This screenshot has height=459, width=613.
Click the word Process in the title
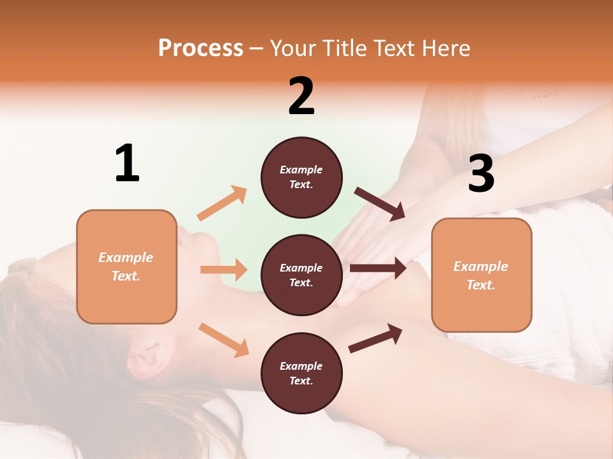pyautogui.click(x=201, y=48)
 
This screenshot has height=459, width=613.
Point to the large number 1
pyautogui.click(x=127, y=163)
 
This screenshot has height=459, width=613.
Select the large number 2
pyautogui.click(x=301, y=96)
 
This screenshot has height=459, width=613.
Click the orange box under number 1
pyautogui.click(x=126, y=266)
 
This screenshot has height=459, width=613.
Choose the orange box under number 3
pyautogui.click(x=481, y=275)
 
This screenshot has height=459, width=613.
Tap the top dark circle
pyautogui.click(x=301, y=177)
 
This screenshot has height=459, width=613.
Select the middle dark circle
pyautogui.click(x=301, y=275)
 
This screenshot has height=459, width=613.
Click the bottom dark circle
pyautogui.click(x=301, y=373)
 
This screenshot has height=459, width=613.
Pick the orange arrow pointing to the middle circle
pyautogui.click(x=223, y=270)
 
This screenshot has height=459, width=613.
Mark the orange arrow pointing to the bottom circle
pyautogui.click(x=223, y=339)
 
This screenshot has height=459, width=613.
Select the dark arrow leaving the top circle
pyautogui.click(x=380, y=203)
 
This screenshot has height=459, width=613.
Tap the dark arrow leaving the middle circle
pyautogui.click(x=377, y=268)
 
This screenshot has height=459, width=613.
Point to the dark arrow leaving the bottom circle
pyautogui.click(x=375, y=338)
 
